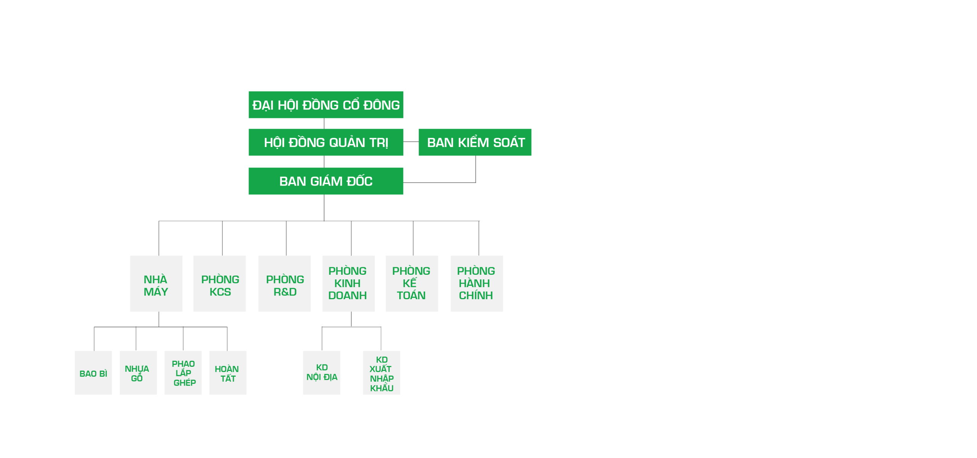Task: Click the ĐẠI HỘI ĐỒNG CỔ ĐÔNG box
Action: coord(326,105)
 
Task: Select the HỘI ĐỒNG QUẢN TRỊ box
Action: coord(326,142)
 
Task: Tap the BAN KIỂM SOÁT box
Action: coord(475,142)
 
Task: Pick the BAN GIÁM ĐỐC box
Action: coord(326,181)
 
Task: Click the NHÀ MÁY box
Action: coord(156,284)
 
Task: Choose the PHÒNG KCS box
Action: coord(219,284)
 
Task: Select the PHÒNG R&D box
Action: coord(284,284)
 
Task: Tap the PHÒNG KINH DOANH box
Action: coord(348,284)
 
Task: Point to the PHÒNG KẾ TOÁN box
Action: coord(412,284)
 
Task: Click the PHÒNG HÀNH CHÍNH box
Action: coord(477,284)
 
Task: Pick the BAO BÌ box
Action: coord(93,373)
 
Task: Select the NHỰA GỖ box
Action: coord(138,373)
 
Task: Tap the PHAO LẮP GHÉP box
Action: coord(183,373)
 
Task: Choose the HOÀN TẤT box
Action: coord(228,373)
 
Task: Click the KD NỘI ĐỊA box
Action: coord(322,373)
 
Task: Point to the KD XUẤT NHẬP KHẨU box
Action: coord(382,373)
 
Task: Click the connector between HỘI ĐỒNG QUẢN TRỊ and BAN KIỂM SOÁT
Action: coord(411,142)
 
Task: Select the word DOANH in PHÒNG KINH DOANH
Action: coord(347,295)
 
